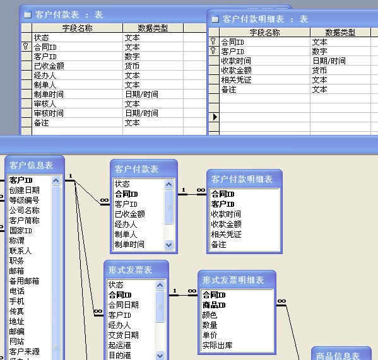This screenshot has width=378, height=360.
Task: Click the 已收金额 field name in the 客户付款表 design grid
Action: point(49,66)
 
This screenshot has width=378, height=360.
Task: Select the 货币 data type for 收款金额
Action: point(319,71)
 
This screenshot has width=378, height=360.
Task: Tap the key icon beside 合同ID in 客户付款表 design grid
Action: point(26,47)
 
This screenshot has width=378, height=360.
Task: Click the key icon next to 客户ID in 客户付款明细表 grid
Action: point(213,51)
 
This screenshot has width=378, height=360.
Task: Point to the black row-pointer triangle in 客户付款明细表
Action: point(215,117)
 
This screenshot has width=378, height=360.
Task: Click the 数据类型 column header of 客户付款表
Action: point(153,28)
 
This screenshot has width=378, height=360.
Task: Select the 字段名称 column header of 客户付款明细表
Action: point(264,33)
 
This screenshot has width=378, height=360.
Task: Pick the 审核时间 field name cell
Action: point(49,113)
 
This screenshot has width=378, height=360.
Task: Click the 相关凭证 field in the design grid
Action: point(236,80)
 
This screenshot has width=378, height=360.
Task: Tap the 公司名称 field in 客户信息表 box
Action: point(25,210)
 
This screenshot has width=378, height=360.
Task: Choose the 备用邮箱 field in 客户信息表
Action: point(24,281)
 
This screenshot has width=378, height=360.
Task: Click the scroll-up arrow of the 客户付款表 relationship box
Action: point(168,185)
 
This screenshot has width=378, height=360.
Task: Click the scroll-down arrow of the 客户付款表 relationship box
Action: point(168,245)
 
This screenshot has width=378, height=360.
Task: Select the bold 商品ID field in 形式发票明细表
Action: point(214,305)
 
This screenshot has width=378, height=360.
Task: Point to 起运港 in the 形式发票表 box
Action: point(119,345)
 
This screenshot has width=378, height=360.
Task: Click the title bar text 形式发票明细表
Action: point(233,280)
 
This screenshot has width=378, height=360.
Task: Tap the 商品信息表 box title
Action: point(338,356)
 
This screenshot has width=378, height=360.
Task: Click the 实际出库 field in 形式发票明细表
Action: point(218,345)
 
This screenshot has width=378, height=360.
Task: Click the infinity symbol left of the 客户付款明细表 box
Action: point(201,190)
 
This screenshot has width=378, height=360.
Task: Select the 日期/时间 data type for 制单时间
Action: point(141,94)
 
